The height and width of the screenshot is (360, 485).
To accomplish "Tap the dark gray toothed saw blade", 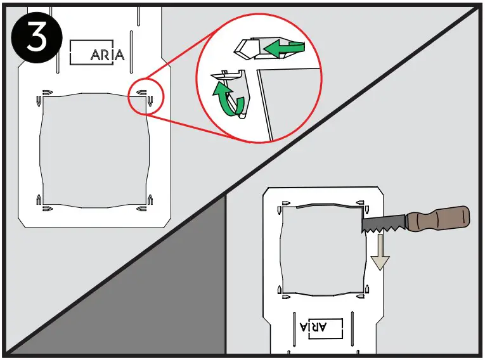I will click(x=384, y=222).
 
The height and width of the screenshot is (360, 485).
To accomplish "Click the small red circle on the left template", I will click(x=145, y=97).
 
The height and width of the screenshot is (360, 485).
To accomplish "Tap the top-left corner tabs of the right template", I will click(x=282, y=205).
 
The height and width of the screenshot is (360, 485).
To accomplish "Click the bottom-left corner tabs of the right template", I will click(x=282, y=291).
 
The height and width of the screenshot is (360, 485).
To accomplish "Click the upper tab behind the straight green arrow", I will click(x=250, y=48).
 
